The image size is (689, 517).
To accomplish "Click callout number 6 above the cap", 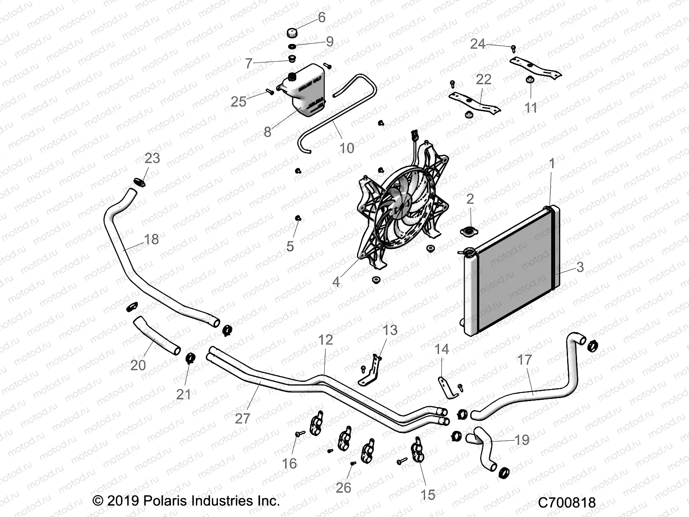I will click(x=321, y=17).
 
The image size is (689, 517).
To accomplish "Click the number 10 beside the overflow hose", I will click(x=347, y=148).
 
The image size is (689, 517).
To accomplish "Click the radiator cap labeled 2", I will click(x=468, y=232).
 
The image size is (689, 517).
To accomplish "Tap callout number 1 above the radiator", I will click(x=552, y=164).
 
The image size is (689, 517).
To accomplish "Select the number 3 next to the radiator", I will click(x=580, y=267).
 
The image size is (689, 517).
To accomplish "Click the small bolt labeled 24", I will click(x=513, y=48).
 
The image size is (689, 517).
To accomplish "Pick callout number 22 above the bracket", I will click(x=484, y=79).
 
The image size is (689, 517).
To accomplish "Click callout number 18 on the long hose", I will click(x=151, y=240).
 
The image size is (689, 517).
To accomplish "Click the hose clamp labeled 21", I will click(x=189, y=358).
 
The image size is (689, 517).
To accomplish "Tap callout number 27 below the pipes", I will click(x=242, y=418).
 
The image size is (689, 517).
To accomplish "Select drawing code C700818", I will click(x=567, y=502).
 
